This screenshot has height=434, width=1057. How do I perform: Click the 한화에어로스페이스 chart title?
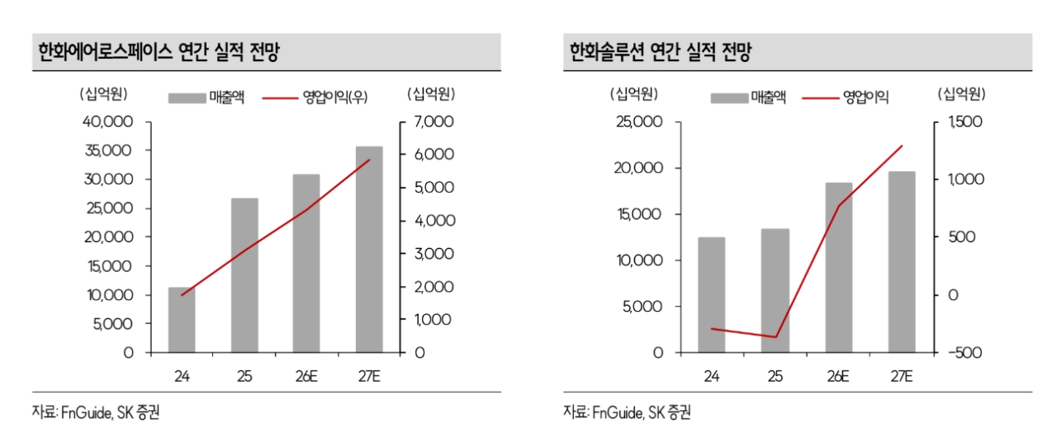159,52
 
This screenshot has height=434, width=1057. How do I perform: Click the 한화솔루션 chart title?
660,52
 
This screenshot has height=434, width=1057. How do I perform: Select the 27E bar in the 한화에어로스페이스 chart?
369,250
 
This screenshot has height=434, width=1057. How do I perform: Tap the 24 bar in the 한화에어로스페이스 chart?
182,320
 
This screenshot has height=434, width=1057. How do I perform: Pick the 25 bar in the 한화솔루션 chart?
775,290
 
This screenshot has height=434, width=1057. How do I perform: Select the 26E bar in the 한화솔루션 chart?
838,267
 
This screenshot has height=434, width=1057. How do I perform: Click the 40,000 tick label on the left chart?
107,122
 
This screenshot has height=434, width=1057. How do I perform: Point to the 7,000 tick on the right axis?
434,122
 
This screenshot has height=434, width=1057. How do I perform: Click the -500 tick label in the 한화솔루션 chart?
965,353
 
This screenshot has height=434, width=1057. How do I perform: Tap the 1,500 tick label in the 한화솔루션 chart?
965,122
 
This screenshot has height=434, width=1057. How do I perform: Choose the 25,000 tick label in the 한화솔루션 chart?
639,122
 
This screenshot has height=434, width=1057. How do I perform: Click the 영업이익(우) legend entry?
315,98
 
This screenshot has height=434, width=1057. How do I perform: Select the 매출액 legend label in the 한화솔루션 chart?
768,98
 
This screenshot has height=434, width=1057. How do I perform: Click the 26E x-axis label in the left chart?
306,376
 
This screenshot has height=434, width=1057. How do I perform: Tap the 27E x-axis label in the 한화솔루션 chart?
901,376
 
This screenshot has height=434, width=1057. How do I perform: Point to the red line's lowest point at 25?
775,337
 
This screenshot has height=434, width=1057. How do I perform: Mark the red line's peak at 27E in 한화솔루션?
902,145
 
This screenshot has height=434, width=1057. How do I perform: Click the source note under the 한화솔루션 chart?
627,413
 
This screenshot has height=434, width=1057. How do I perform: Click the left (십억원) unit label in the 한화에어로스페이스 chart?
103,94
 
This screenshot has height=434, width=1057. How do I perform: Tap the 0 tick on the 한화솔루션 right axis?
953,295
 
